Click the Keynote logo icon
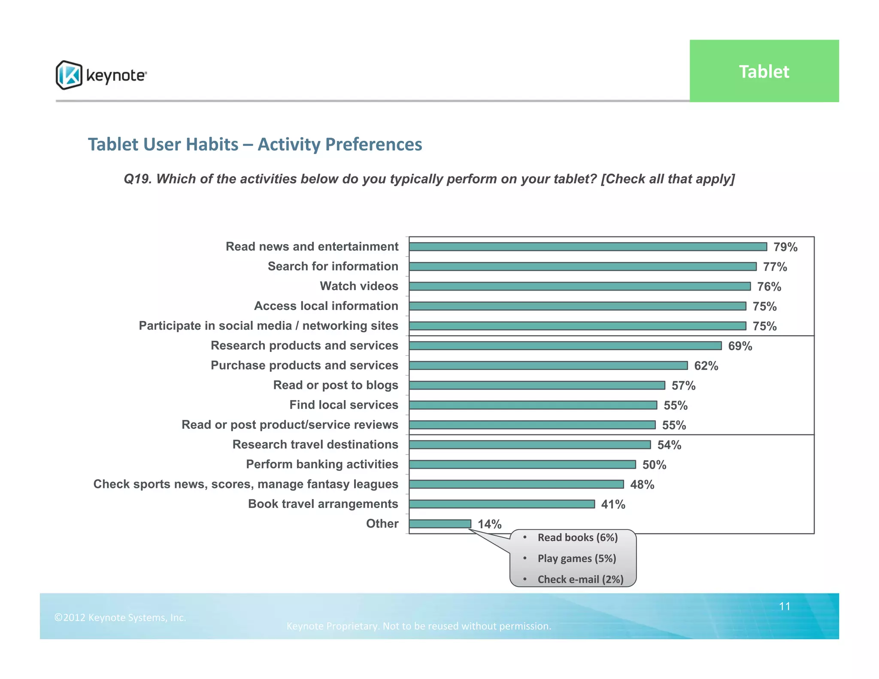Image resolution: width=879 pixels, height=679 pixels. coord(69,75)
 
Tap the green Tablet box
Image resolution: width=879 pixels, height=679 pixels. coord(764,71)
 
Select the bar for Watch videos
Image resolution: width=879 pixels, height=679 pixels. coord(579,286)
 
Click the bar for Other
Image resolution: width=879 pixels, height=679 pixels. coord(440,524)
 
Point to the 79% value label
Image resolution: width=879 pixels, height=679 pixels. coord(785,247)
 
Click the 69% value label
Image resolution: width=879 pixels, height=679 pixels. coord(740,346)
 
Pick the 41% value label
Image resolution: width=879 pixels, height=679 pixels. coord(613,504)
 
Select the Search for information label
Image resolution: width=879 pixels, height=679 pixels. coord(333,266)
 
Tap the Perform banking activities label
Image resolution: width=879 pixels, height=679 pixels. coord(322,464)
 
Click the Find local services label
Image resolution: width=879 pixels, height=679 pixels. coord(343,405)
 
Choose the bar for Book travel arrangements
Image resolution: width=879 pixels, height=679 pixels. coord(502,504)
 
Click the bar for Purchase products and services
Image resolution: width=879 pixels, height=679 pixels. coord(548,365)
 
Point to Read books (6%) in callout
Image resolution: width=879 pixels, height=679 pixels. coord(577,537)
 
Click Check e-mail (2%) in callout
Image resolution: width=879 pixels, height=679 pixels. coord(580,579)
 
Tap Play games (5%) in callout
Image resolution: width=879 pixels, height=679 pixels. coord(576,558)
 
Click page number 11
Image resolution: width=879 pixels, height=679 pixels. coord(785,606)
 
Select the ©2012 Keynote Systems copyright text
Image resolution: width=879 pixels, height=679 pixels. coord(120,617)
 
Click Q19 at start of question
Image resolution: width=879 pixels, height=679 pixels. coord(137,179)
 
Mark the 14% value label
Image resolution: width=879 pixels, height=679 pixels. coord(489,524)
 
